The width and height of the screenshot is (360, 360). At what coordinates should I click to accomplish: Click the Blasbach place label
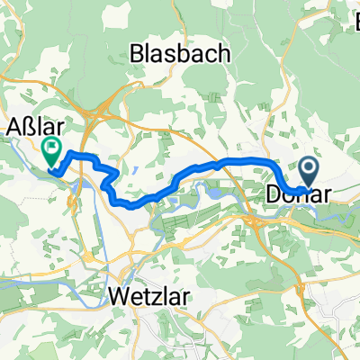pyautogui.click(x=179, y=53)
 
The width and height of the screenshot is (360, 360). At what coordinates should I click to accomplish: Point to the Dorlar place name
pyautogui.click(x=297, y=193)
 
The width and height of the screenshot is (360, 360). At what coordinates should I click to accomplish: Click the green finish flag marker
pyautogui.click(x=51, y=149)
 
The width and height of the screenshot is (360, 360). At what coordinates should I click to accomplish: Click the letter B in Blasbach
pyautogui.click(x=138, y=53)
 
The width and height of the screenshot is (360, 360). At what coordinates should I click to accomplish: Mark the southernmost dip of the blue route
pyautogui.click(x=135, y=205)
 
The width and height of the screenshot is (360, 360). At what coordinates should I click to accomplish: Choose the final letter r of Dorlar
pyautogui.click(x=325, y=193)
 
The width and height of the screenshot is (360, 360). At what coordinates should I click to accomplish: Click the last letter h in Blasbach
pyautogui.click(x=222, y=53)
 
